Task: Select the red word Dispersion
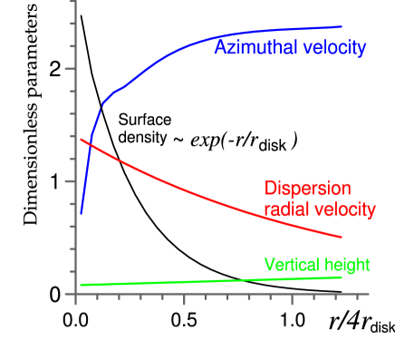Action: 307,189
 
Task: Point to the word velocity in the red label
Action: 342,209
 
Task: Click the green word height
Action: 345,265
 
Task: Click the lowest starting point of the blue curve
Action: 81,215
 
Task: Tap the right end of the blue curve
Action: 342,26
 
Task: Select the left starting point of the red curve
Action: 81,139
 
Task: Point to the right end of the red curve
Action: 342,238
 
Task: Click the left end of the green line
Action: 81,285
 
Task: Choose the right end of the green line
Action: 342,277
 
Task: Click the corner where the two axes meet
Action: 75,294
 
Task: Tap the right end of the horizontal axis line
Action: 370,294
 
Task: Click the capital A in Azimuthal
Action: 220,48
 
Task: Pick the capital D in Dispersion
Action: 270,189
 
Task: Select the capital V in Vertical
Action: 269,265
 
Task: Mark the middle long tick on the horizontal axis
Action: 184,299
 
